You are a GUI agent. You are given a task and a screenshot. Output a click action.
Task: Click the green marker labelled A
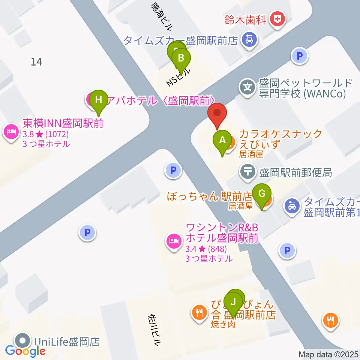click(222, 141)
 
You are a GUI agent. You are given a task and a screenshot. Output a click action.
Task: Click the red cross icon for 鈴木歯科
click(278, 19)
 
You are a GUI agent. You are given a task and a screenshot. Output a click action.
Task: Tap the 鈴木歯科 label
click(245, 19)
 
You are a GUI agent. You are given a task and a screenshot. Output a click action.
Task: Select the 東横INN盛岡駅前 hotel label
click(63, 123)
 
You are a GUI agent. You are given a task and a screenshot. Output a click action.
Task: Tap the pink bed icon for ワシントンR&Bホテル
click(173, 240)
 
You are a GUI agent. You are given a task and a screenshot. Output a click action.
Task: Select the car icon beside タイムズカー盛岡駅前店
click(248, 39)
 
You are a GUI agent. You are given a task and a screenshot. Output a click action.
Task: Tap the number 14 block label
click(36, 61)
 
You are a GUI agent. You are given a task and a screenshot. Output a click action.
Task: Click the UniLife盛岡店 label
click(66, 342)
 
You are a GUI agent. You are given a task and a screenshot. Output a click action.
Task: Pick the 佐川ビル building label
click(155, 330)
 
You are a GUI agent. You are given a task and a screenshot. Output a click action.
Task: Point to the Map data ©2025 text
click(329, 354)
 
